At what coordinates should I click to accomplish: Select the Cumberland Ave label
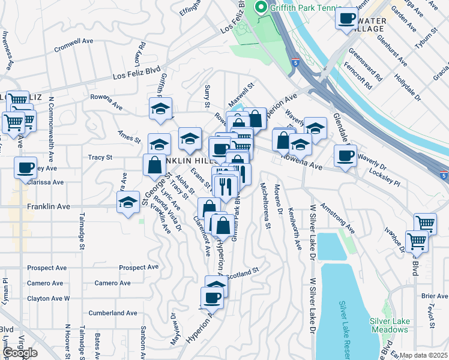pyautogui.click(x=113, y=313)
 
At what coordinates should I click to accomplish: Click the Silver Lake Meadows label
pyautogui.click(x=390, y=325)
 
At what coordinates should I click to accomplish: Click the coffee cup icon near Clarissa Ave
pyautogui.click(x=26, y=167)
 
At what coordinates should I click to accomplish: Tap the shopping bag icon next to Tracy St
pyautogui.click(x=154, y=164)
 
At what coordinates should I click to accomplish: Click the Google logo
pyautogui.click(x=19, y=353)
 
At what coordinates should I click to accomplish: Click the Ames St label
pyautogui.click(x=129, y=137)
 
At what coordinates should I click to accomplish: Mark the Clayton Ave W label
pyautogui.click(x=49, y=298)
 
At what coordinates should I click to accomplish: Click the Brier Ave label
pyautogui.click(x=435, y=296)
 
